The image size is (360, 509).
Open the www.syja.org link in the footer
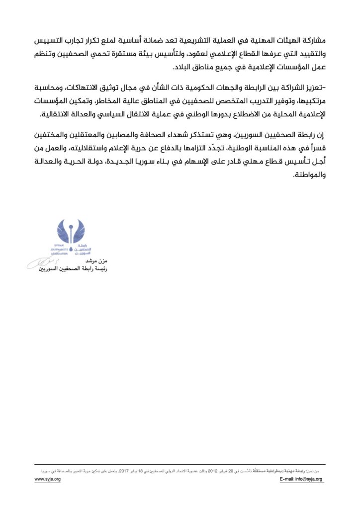click(47, 479)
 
